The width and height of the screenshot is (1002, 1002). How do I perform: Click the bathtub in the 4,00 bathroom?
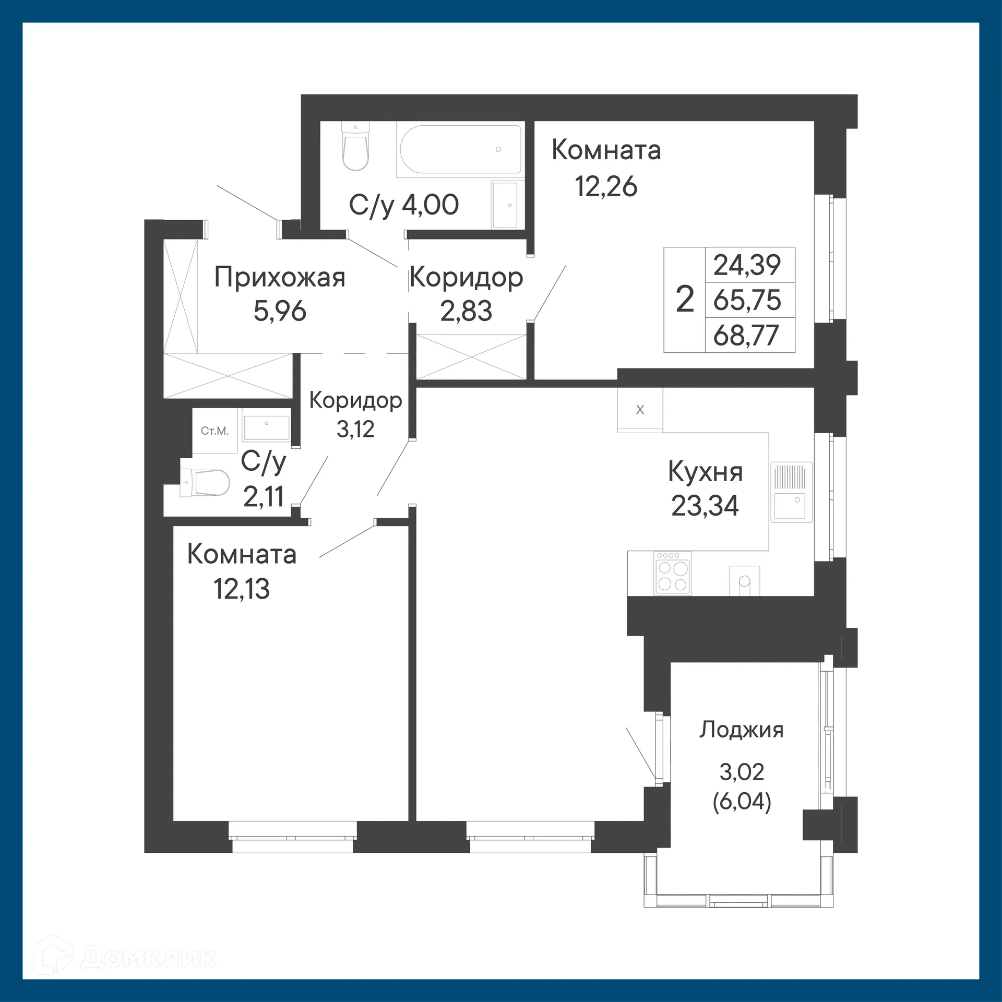click(x=459, y=149)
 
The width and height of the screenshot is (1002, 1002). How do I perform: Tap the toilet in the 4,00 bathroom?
click(x=355, y=147)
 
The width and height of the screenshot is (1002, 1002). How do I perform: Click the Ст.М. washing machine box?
click(x=214, y=431)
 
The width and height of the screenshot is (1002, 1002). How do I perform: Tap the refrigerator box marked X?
click(x=640, y=410)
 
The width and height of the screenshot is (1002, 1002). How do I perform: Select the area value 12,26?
click(x=606, y=186)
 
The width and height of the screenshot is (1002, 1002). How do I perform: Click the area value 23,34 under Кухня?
click(x=705, y=506)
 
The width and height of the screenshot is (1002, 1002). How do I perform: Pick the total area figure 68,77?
click(x=746, y=336)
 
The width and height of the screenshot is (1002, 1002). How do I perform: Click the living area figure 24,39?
click(x=747, y=265)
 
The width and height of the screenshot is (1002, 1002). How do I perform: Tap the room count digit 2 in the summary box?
click(x=685, y=300)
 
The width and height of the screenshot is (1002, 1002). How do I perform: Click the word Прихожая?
click(x=280, y=278)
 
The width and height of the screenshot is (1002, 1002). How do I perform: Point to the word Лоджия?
click(x=741, y=730)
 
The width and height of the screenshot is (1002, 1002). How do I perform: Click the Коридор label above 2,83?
click(x=466, y=278)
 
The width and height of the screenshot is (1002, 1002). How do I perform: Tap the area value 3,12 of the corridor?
click(x=355, y=429)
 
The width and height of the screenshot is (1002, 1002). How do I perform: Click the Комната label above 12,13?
click(x=242, y=554)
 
